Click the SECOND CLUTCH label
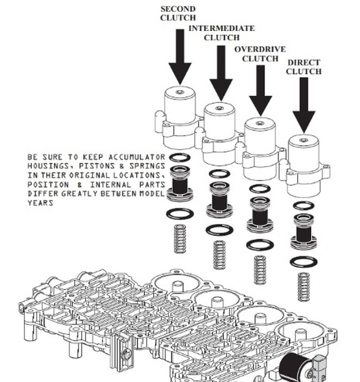point(178,13)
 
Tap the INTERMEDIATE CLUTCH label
point(221,33)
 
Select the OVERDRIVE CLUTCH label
point(260,54)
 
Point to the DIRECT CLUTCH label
point(304,67)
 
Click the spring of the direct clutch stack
point(304,286)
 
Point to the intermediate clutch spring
point(220,255)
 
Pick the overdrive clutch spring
point(260,270)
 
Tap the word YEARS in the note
point(40,203)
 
